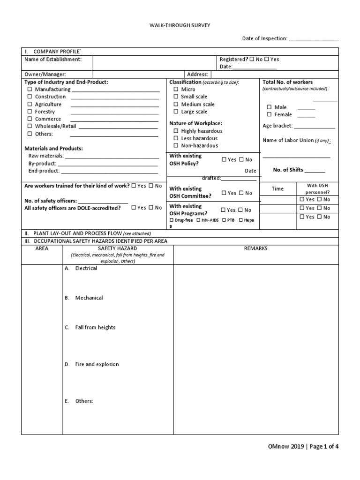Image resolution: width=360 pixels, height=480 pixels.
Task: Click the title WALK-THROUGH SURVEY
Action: pyautogui.click(x=180, y=26)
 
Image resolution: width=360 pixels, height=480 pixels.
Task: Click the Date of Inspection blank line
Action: pyautogui.click(x=314, y=39)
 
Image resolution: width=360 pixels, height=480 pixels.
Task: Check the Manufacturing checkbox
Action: pyautogui.click(x=30, y=89)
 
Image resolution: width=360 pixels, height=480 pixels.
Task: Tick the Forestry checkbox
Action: pyautogui.click(x=30, y=112)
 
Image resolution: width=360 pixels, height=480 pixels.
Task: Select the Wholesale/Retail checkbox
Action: pyautogui.click(x=30, y=126)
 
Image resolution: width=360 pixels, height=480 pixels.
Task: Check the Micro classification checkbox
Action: pyautogui.click(x=176, y=89)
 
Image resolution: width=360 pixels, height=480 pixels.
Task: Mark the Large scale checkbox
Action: pyautogui.click(x=176, y=112)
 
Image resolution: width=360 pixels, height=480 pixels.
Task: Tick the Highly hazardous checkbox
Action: pyautogui.click(x=176, y=131)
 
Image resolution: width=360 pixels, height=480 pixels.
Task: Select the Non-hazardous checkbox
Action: pyautogui.click(x=176, y=146)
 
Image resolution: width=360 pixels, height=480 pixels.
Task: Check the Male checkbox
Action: pyautogui.click(x=270, y=107)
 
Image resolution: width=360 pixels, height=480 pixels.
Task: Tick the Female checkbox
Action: pyautogui.click(x=270, y=114)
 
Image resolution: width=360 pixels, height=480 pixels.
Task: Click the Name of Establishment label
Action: pyautogui.click(x=53, y=60)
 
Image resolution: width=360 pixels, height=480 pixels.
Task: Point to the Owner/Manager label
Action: pyautogui.click(x=45, y=74)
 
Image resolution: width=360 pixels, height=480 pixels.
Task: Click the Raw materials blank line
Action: pyautogui.click(x=111, y=157)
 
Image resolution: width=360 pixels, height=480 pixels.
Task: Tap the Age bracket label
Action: pyautogui.click(x=277, y=126)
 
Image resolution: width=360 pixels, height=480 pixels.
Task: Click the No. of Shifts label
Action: pyautogui.click(x=288, y=170)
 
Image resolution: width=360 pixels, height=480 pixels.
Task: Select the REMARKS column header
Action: pyautogui.click(x=255, y=248)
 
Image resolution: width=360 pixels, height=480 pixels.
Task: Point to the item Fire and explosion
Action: pyautogui.click(x=97, y=364)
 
